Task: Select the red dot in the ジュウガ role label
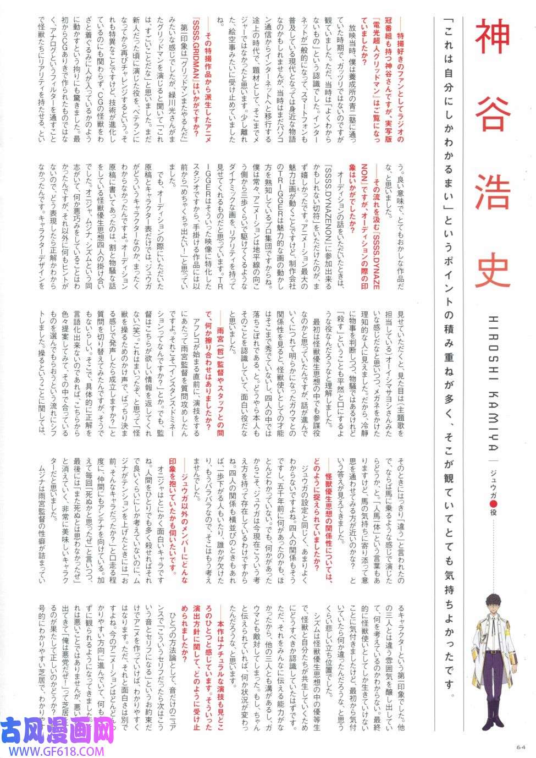point(493,488)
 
